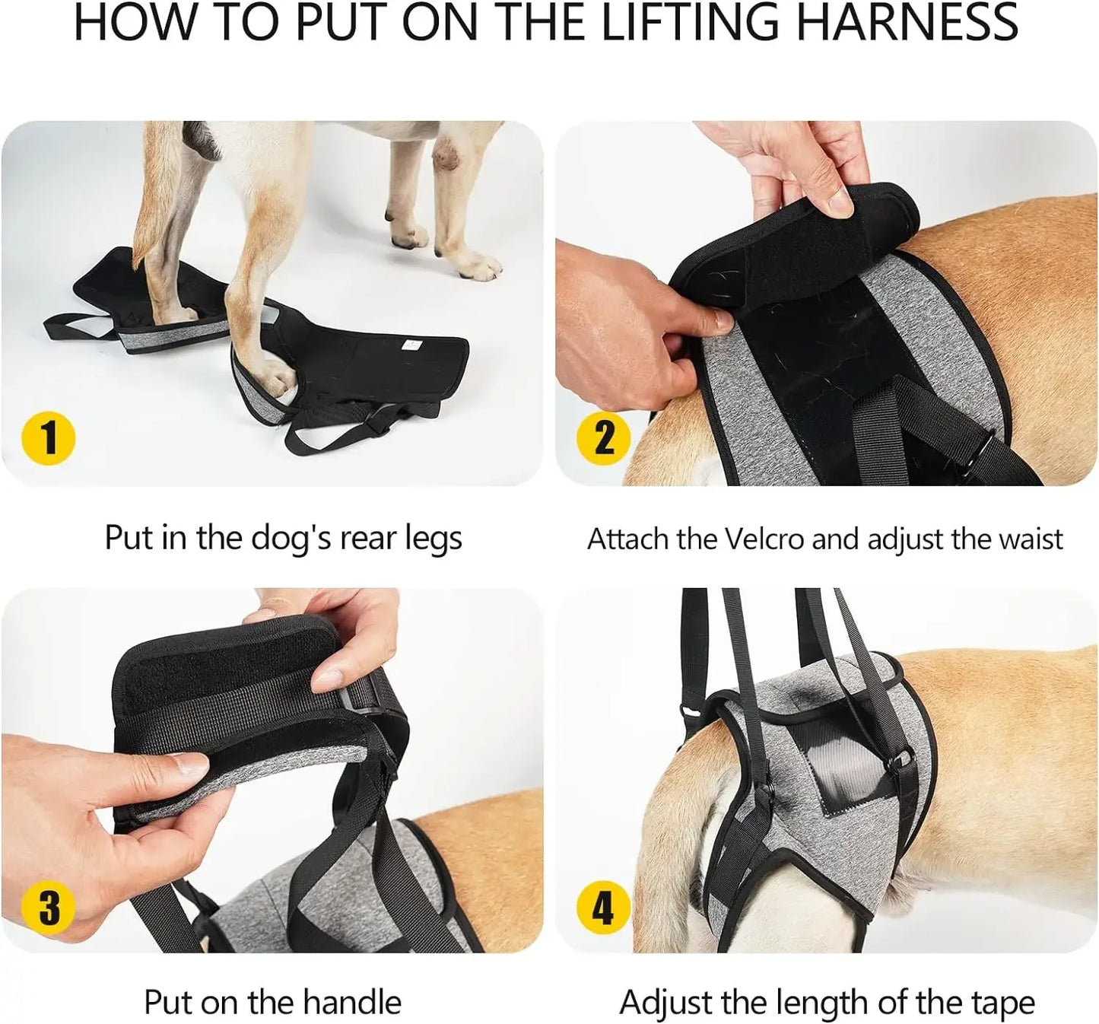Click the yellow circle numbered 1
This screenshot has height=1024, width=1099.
49,438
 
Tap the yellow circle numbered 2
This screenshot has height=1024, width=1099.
603,438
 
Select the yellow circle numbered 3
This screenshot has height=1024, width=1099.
49,908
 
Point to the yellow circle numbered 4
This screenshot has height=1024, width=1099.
603,908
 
